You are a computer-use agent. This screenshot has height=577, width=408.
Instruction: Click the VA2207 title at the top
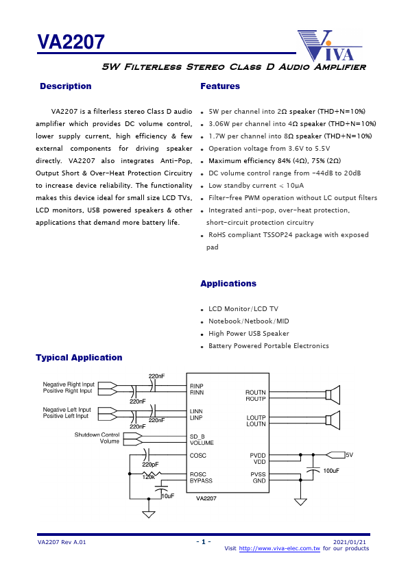pos(71,42)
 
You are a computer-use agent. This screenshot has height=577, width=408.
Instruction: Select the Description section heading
pos(66,86)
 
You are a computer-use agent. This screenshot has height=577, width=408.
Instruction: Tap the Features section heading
pos(220,86)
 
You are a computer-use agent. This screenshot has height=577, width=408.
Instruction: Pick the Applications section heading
pos(228,284)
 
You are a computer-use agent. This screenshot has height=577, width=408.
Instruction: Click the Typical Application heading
pos(79,358)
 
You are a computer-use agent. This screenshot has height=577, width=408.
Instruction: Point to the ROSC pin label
pos(197,474)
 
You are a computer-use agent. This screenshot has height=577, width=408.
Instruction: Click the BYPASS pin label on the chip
pos(201,481)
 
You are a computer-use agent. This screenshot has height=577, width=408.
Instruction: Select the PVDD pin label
pos(258,455)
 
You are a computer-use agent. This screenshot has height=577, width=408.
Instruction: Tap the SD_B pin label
pos(197,437)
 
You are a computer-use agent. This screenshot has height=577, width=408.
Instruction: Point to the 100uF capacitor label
pos(331,471)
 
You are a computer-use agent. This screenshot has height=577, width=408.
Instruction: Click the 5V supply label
pos(349,455)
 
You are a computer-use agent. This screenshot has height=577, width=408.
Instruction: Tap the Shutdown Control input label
pos(97,435)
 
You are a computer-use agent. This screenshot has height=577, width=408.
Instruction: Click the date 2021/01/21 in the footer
pos(354,542)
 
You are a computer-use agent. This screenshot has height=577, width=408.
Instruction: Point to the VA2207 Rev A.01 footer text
pos(62,542)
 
